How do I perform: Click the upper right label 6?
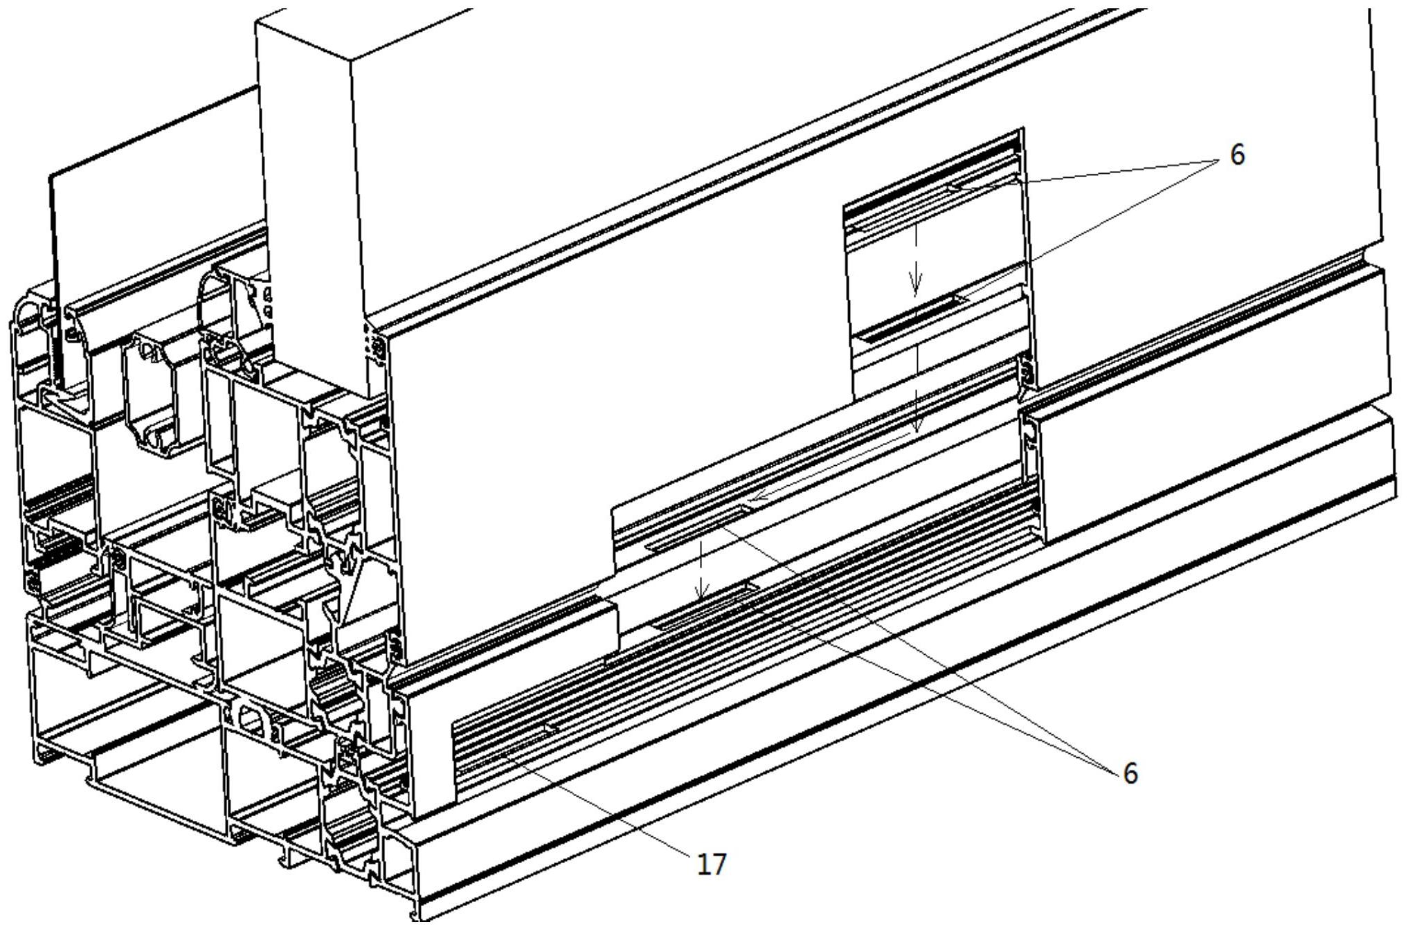pyautogui.click(x=1236, y=155)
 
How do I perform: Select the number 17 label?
pyautogui.click(x=711, y=865)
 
